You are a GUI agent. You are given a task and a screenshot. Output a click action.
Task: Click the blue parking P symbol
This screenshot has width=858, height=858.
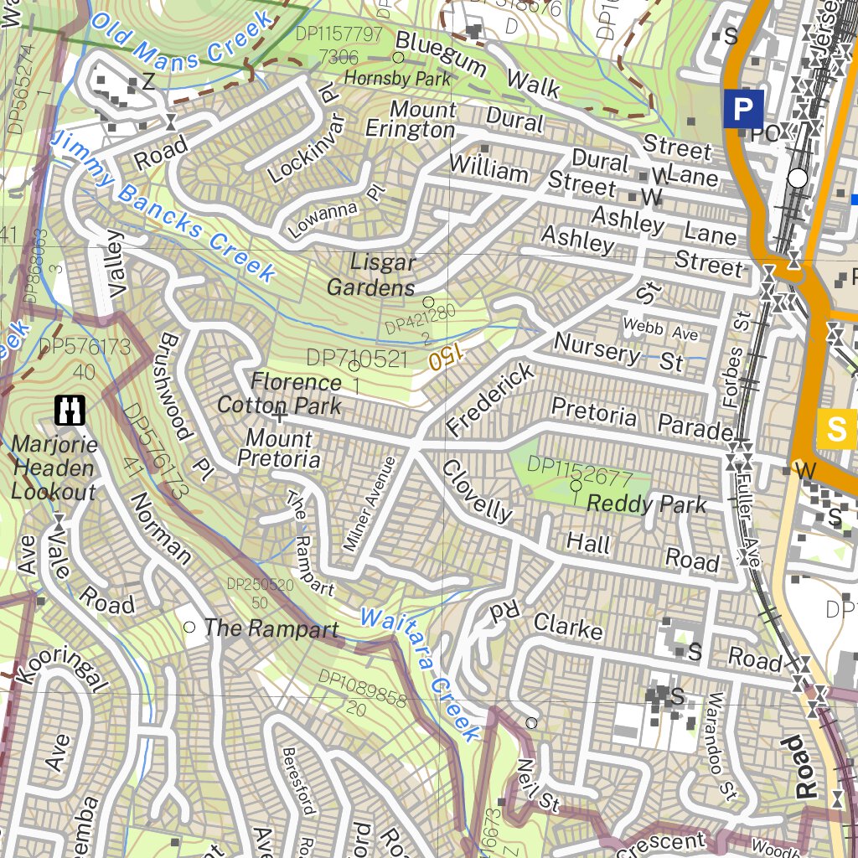pyautogui.click(x=742, y=109)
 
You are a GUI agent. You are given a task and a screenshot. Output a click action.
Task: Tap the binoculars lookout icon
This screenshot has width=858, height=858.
pyautogui.click(x=70, y=409)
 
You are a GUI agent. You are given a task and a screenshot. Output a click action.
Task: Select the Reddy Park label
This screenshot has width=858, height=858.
pyautogui.click(x=646, y=504)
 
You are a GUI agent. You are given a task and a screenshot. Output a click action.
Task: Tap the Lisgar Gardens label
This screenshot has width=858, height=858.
pyautogui.click(x=371, y=275)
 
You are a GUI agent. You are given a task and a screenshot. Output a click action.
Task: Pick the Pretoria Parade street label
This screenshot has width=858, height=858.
pyautogui.click(x=642, y=420)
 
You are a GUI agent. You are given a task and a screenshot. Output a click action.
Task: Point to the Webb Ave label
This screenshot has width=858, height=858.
pyautogui.click(x=660, y=328)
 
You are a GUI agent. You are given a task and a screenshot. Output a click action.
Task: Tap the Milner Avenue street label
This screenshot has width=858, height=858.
pyautogui.click(x=369, y=504)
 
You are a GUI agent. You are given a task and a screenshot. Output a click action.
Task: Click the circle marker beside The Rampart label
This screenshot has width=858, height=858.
pyautogui.click(x=189, y=627)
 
